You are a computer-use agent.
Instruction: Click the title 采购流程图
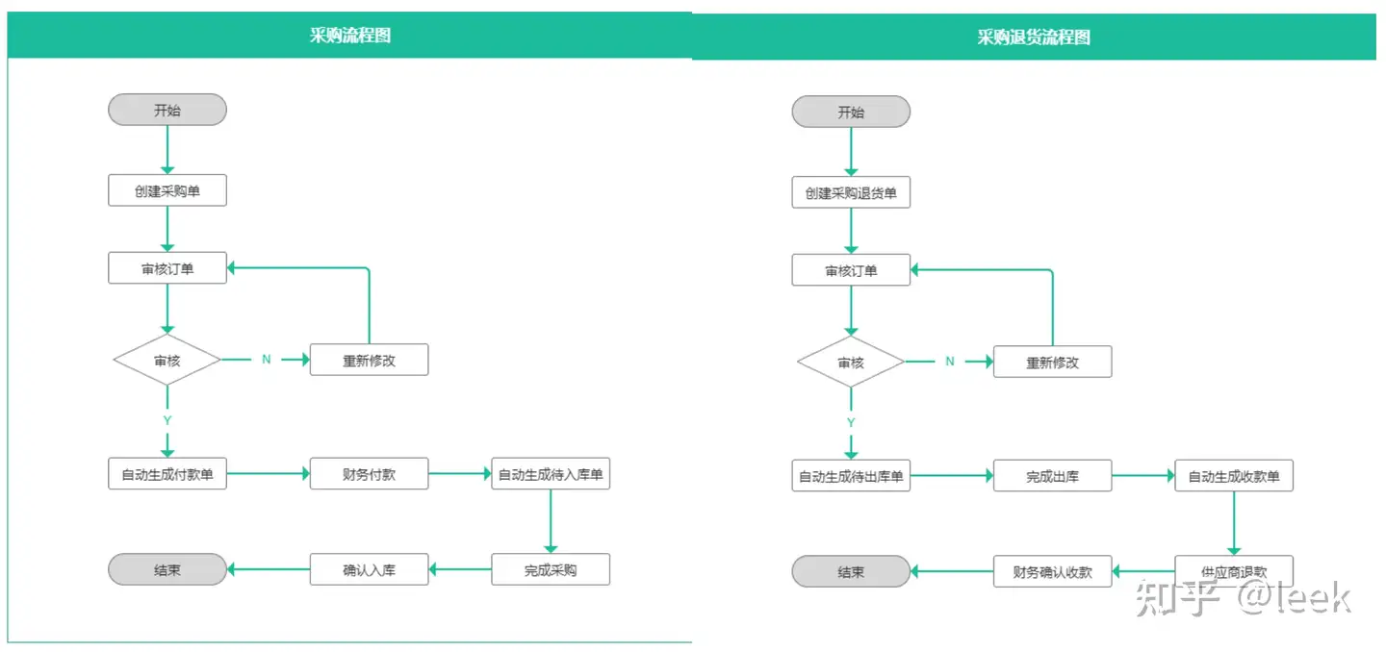(x=349, y=36)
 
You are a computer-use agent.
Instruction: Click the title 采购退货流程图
(x=1034, y=38)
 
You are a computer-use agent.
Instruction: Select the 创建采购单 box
(x=167, y=191)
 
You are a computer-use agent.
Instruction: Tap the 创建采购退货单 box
(x=851, y=193)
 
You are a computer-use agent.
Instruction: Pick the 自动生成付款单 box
(x=167, y=474)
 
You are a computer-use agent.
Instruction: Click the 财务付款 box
(x=369, y=474)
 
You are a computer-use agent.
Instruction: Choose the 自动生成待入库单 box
(x=551, y=474)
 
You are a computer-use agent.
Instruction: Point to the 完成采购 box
(x=551, y=570)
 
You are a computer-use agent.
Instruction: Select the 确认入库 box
(x=369, y=570)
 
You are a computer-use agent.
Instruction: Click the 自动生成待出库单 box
(x=851, y=476)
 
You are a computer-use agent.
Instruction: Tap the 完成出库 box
(x=1052, y=476)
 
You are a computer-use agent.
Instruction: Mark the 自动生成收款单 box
(x=1234, y=476)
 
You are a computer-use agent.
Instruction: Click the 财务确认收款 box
(x=1052, y=572)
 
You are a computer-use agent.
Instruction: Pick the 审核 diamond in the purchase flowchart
(x=167, y=361)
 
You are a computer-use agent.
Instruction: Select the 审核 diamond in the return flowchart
(x=851, y=363)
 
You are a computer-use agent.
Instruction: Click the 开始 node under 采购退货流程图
(x=851, y=112)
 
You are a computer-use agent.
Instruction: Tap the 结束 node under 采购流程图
(x=167, y=570)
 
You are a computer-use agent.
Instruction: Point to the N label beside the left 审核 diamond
(x=267, y=360)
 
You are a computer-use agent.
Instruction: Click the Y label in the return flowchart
(x=851, y=422)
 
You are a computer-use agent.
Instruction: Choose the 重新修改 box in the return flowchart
(x=1052, y=363)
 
